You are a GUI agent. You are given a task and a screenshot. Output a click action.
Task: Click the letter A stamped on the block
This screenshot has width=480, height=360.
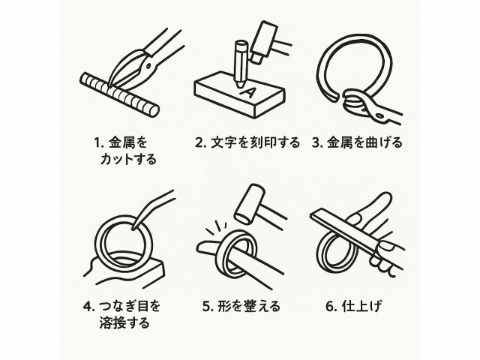click(247, 92)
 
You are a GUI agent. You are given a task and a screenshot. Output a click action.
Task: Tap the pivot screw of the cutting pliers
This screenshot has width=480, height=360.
click(148, 65)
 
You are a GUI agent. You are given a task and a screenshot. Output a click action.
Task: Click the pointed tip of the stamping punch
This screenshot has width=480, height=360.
click(239, 87)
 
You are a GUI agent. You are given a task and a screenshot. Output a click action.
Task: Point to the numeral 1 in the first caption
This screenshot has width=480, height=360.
click(97, 143)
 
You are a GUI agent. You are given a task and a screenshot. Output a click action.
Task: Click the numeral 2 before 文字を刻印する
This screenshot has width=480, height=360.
click(199, 143)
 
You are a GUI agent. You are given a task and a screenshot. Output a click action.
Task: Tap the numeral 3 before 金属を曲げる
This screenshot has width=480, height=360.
click(316, 143)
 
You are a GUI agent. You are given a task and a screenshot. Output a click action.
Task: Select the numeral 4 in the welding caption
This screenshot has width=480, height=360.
click(87, 307)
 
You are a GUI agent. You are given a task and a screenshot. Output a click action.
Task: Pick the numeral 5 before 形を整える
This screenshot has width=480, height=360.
click(206, 307)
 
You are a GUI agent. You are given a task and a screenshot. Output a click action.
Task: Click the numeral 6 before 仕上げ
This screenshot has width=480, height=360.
click(329, 307)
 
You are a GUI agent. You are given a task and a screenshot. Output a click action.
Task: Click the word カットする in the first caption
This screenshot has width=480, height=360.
click(128, 160)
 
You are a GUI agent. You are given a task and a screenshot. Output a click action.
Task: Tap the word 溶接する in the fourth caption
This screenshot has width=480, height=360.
click(124, 323)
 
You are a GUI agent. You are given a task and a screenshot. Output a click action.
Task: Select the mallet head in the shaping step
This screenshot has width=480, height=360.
click(249, 203)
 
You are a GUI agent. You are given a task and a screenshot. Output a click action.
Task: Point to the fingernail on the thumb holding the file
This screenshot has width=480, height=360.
click(385, 245)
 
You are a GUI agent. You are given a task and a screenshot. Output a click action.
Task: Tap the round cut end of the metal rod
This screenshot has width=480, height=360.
click(152, 111)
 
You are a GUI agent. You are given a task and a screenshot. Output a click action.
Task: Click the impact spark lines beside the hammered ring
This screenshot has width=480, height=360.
click(216, 228)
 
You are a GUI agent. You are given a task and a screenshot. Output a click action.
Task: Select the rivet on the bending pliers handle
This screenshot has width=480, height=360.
click(380, 115)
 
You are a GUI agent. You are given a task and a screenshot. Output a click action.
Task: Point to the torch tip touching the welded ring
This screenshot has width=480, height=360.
click(133, 228)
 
